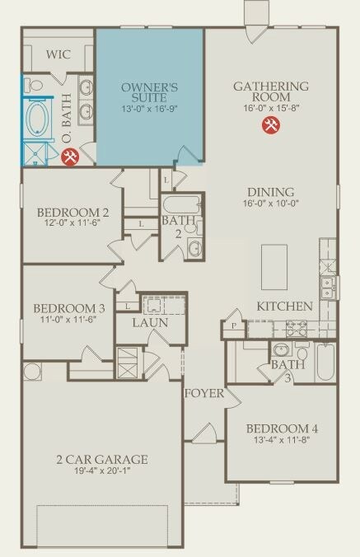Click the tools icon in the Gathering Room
point(271,125)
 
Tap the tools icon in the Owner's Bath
point(70,157)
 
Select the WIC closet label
point(58,54)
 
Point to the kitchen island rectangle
point(274,267)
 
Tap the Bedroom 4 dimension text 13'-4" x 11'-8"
point(283,440)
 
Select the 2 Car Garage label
point(102,459)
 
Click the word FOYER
point(204,393)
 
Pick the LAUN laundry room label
point(150,322)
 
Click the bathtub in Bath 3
point(325,363)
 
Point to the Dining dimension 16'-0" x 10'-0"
point(270,204)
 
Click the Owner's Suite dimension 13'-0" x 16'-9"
point(149,109)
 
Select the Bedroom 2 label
point(72,213)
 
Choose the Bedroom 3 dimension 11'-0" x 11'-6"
point(68,319)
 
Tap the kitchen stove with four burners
point(297,329)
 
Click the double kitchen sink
point(327,288)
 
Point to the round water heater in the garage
point(32,372)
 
